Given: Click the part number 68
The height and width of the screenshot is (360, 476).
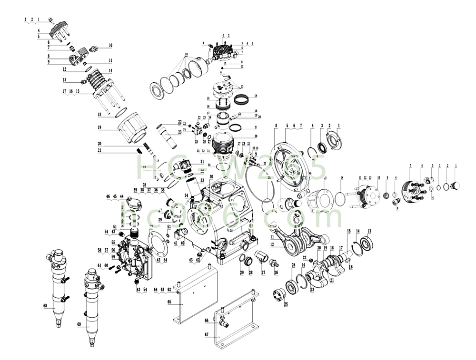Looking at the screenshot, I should click(x=45, y=306).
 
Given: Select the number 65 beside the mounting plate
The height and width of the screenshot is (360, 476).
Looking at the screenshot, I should click(x=169, y=302).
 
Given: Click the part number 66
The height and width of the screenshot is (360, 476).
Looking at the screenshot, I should click(x=207, y=321).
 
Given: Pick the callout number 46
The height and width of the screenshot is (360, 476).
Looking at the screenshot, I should click(x=108, y=196).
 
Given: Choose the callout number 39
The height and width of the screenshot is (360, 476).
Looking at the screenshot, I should click(x=135, y=189).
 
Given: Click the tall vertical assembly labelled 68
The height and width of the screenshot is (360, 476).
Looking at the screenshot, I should click(x=58, y=285).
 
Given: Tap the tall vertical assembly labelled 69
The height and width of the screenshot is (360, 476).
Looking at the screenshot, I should click(x=92, y=304).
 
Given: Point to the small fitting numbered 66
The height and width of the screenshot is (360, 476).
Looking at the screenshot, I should click(x=222, y=324).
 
